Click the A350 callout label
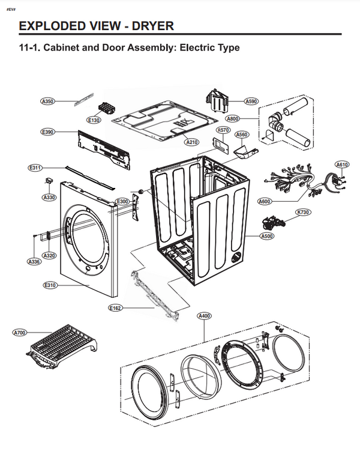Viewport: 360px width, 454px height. pos(47,101)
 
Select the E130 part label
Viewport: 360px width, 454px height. pos(94,120)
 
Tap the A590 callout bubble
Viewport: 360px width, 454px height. pos(251,101)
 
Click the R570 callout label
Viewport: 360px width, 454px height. pos(223,130)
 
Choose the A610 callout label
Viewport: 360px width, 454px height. pos(342,165)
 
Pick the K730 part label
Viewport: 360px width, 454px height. pos(303,213)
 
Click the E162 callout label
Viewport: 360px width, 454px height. pos(115,308)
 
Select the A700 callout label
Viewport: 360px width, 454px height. pos(20,332)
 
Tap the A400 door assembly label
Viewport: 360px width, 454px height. pos(204,315)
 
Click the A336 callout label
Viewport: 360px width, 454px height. pos(34,262)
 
